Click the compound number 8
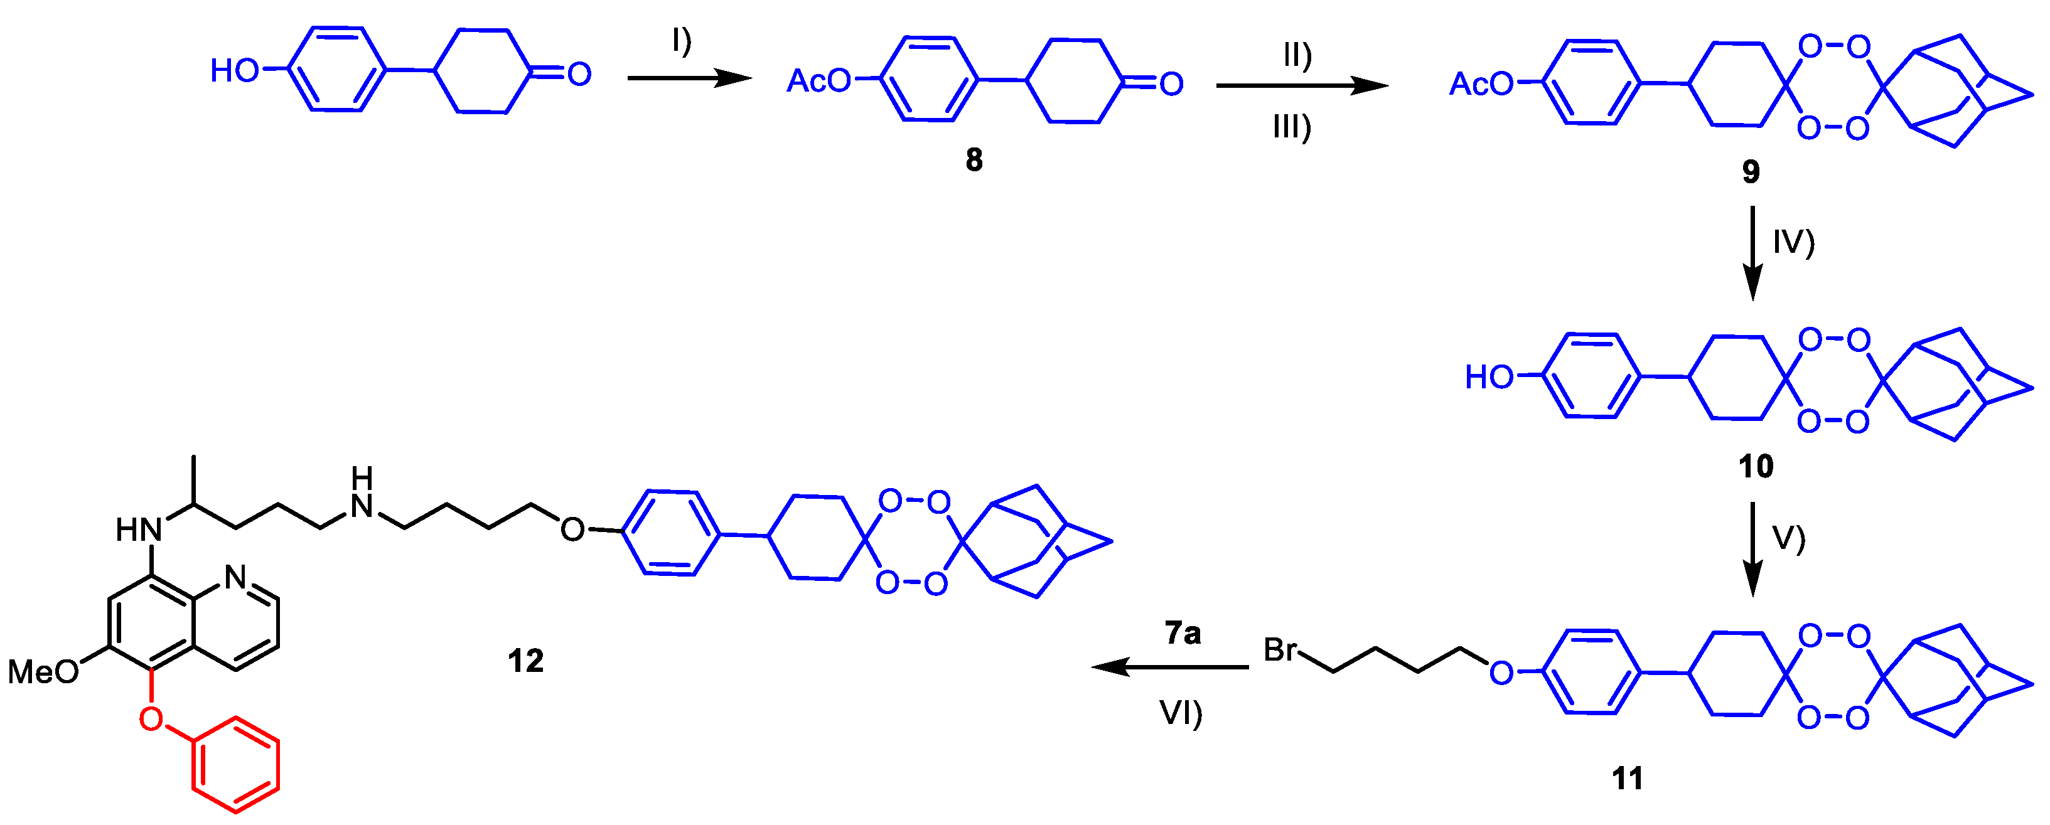974,160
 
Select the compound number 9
1751,171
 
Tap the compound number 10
1756,466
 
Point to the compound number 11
1628,778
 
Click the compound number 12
525,661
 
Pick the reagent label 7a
1183,633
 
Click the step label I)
681,40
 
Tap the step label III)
1292,127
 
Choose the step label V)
1788,538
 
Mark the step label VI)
1180,713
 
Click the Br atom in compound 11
1280,650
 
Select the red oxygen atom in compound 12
151,718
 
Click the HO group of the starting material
234,71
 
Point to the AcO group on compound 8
818,80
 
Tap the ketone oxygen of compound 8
1171,83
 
